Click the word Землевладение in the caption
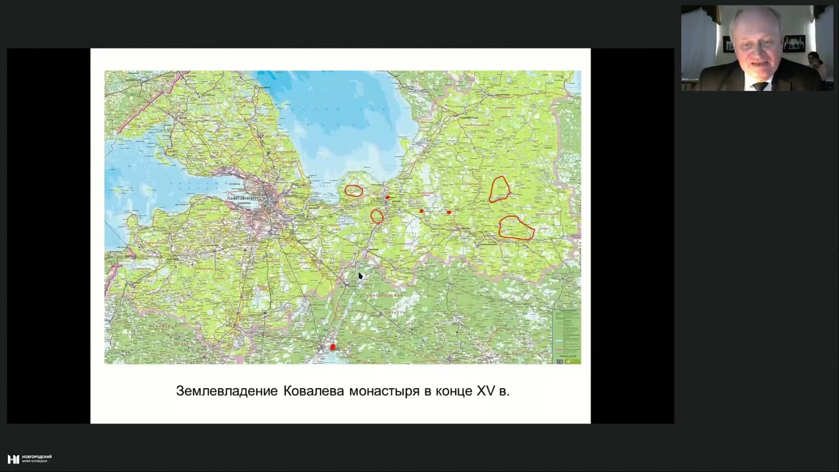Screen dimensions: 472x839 (227, 391)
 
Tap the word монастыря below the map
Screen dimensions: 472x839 (383, 391)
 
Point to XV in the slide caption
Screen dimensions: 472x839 (485, 391)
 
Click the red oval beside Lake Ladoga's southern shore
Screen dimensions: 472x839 (353, 191)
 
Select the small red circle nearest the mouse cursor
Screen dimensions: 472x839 (377, 216)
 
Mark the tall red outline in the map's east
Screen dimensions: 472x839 (499, 189)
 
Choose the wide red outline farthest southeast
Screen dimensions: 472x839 (517, 228)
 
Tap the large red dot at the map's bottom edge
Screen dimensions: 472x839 (332, 347)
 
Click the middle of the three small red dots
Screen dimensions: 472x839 (421, 211)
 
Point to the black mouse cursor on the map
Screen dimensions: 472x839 (360, 276)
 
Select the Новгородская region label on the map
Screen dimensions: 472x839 (383, 296)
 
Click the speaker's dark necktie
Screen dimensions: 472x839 (760, 85)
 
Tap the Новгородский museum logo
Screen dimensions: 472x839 (29, 458)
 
